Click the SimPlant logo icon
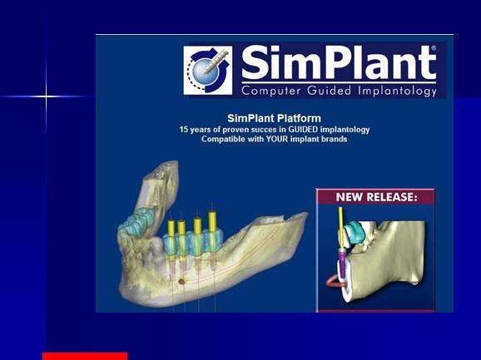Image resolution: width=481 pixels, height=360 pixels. click(x=208, y=71)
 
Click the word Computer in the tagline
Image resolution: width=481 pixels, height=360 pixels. click(x=270, y=91)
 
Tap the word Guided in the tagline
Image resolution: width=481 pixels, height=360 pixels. click(x=330, y=91)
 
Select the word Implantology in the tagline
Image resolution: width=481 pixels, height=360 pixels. click(x=397, y=91)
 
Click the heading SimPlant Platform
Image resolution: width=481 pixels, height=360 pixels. click(x=275, y=118)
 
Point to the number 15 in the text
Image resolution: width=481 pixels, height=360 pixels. click(x=184, y=130)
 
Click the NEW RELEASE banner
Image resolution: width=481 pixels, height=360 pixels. click(x=376, y=197)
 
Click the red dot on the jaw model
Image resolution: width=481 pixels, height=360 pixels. click(x=181, y=281)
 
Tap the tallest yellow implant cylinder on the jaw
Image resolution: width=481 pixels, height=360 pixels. click(x=212, y=223)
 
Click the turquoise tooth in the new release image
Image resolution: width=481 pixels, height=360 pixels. click(x=353, y=232)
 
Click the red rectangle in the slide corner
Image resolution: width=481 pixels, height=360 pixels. click(x=85, y=357)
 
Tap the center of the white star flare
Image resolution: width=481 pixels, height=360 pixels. click(x=46, y=96)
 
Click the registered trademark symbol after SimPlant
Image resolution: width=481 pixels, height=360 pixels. click(x=434, y=48)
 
